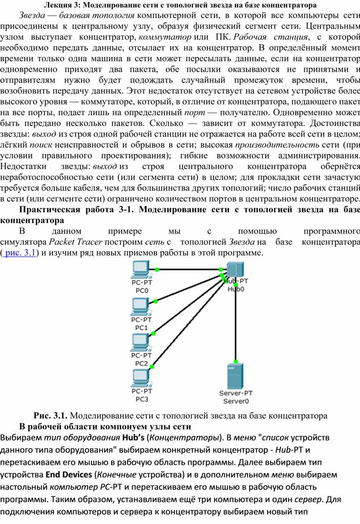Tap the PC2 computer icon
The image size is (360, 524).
[x=141, y=343]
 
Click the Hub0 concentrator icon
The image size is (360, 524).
[x=235, y=270]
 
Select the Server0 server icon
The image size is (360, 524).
[x=236, y=376]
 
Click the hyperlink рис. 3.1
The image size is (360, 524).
[x=20, y=253]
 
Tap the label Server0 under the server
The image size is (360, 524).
[x=236, y=401]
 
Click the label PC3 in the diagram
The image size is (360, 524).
[x=142, y=399]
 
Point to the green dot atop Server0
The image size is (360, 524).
[x=236, y=362]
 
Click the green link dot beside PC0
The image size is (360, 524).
[x=157, y=269]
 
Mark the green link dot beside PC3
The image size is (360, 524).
[x=152, y=367]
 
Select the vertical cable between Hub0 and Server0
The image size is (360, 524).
[x=236, y=323]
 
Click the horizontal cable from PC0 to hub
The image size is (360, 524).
[x=189, y=269]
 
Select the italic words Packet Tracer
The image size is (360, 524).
[x=75, y=241]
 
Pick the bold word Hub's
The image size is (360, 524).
[x=133, y=437]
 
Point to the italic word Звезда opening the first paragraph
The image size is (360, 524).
[x=32, y=15]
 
